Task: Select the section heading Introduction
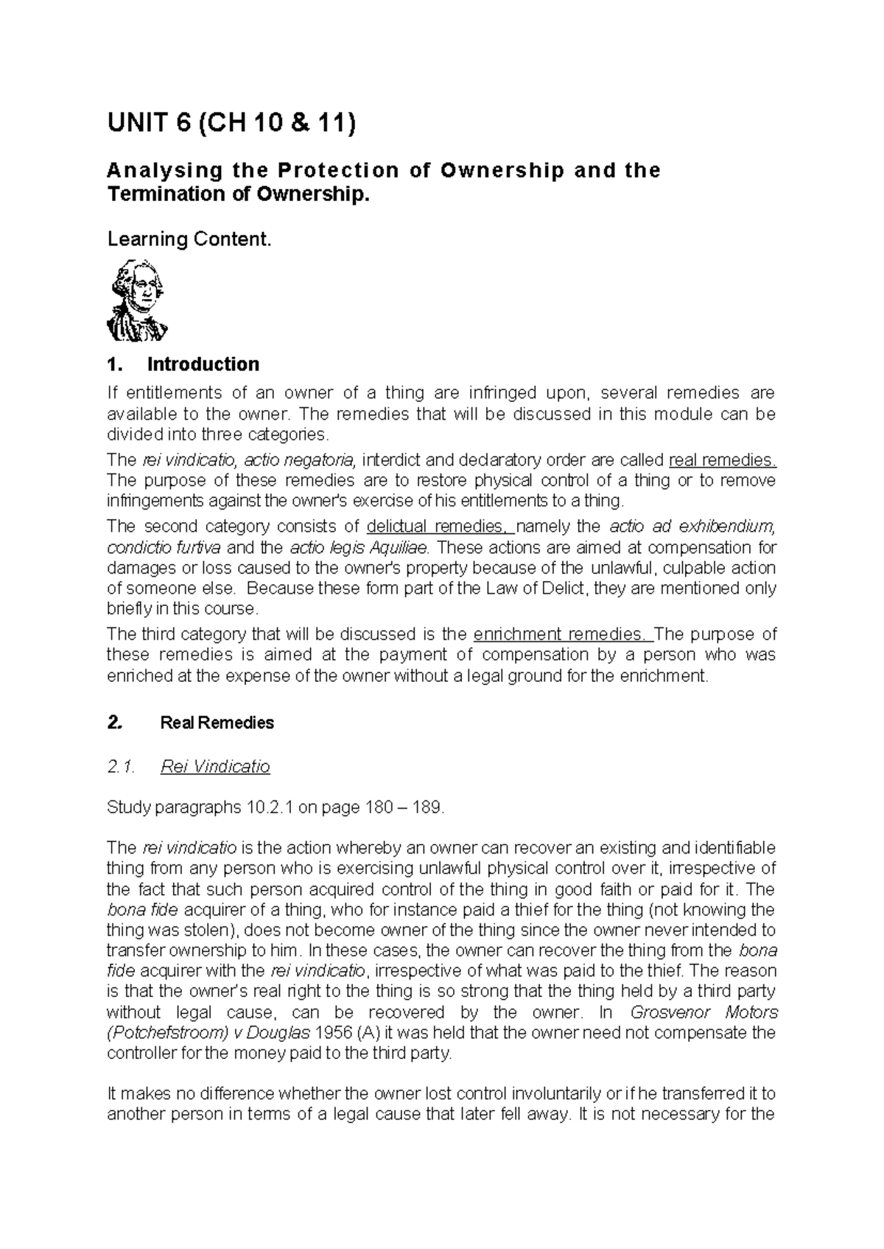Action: (x=203, y=365)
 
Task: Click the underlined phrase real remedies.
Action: (x=723, y=460)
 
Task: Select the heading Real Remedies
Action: (x=217, y=722)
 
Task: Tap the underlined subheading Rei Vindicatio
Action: (x=215, y=767)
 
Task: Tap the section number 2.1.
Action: (x=121, y=767)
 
